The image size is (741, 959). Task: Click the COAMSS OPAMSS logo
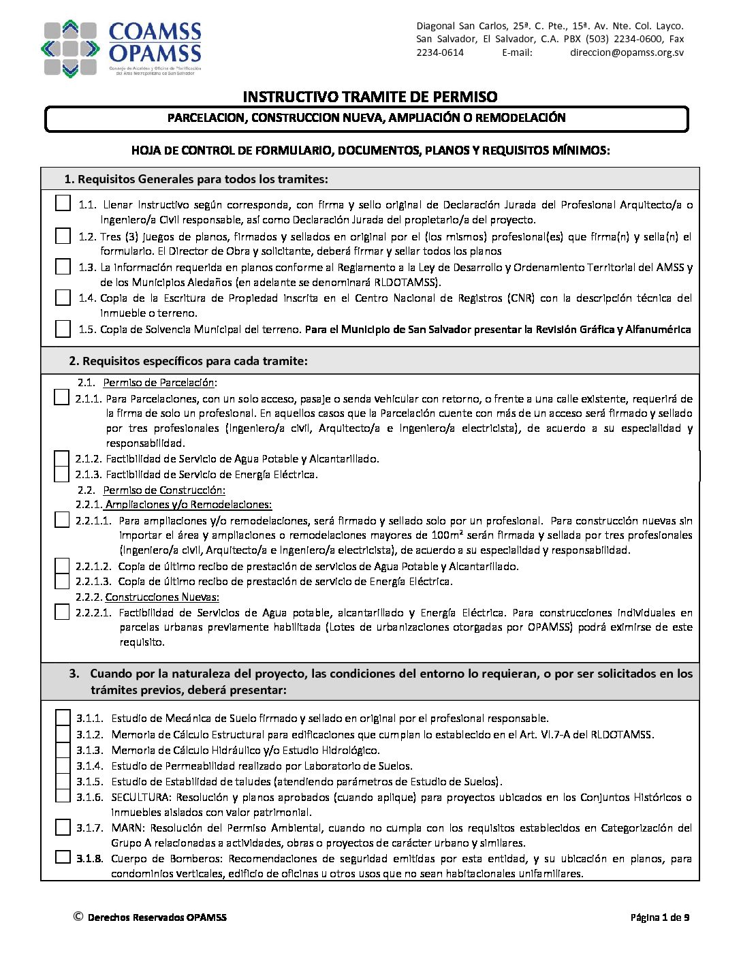[123, 49]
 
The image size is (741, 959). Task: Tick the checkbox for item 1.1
[63, 203]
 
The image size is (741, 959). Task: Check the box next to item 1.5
[63, 329]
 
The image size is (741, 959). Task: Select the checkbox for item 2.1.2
[62, 458]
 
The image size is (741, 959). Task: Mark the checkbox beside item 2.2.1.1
[62, 520]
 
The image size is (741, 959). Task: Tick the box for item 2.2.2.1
[62, 612]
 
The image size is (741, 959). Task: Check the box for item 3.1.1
[63, 718]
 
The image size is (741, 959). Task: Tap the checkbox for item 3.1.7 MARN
[63, 828]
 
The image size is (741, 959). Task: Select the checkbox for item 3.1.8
[63, 858]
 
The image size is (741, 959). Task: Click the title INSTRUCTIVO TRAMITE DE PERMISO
[370, 97]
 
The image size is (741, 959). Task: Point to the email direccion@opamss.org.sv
[627, 52]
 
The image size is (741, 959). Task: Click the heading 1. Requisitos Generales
[196, 179]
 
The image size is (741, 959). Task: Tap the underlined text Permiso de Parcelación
[159, 383]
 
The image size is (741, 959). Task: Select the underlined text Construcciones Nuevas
[162, 597]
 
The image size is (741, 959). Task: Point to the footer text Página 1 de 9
[659, 917]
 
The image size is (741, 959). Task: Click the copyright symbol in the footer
[78, 917]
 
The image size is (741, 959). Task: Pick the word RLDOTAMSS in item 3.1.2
[621, 734]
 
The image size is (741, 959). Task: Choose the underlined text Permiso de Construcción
[163, 490]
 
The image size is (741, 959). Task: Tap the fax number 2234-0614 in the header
[440, 52]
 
